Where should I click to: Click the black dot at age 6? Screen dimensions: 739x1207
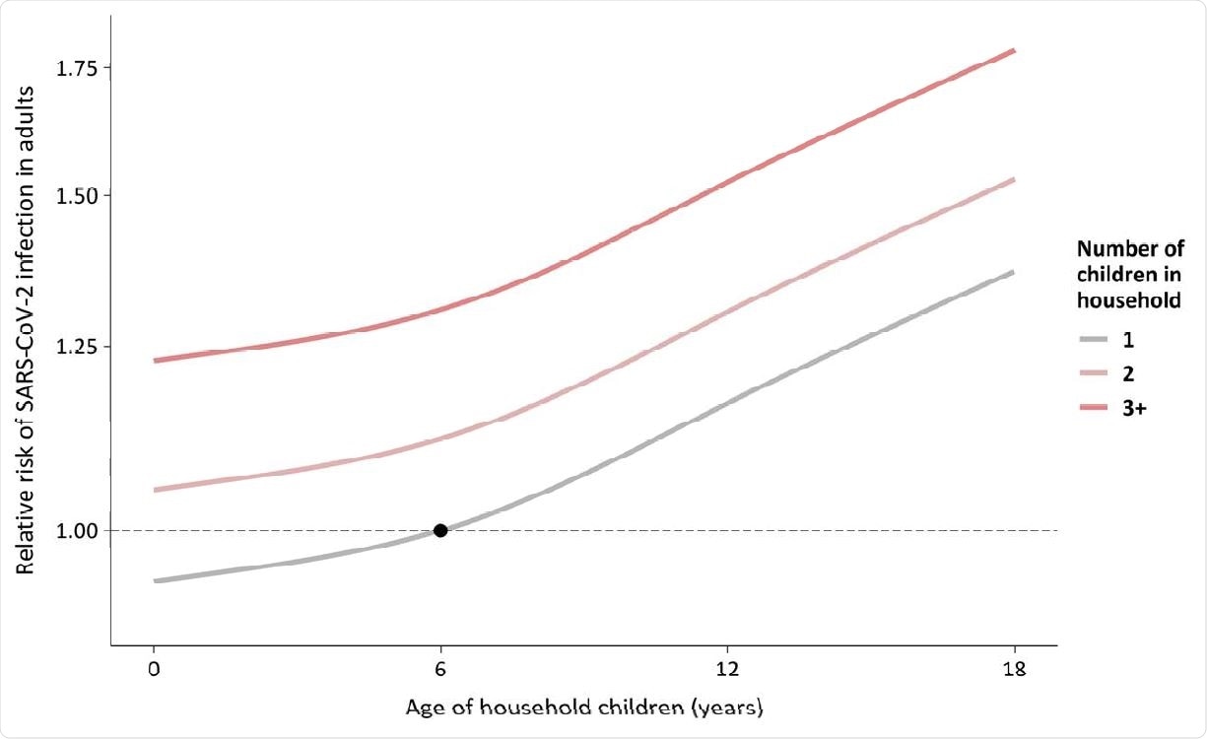(x=440, y=530)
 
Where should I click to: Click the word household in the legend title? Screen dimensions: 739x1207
(x=1129, y=302)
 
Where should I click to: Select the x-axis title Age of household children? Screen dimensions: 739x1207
(x=583, y=707)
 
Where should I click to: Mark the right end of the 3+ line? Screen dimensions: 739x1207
(x=1014, y=50)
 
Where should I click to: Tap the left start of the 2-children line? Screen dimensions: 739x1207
(x=156, y=490)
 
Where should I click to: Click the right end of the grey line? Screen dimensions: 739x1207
(x=1014, y=271)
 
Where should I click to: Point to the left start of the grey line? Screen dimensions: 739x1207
(x=156, y=581)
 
